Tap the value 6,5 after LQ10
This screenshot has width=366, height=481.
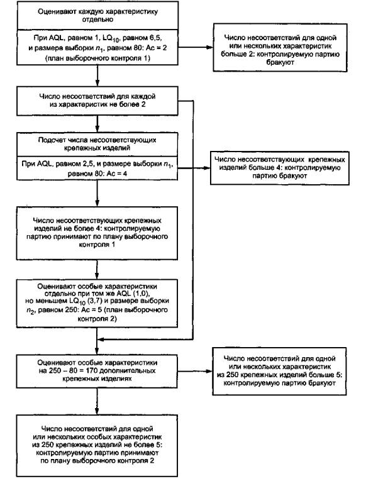[155, 38]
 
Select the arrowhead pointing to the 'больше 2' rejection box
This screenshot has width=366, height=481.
[209, 48]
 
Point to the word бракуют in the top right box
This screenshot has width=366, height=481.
[280, 63]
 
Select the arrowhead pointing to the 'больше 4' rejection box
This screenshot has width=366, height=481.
[206, 168]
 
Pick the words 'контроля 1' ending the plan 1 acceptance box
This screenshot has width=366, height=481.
[97, 245]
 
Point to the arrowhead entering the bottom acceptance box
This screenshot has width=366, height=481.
[97, 412]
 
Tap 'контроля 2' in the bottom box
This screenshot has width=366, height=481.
[136, 461]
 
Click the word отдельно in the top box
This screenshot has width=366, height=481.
[97, 19]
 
